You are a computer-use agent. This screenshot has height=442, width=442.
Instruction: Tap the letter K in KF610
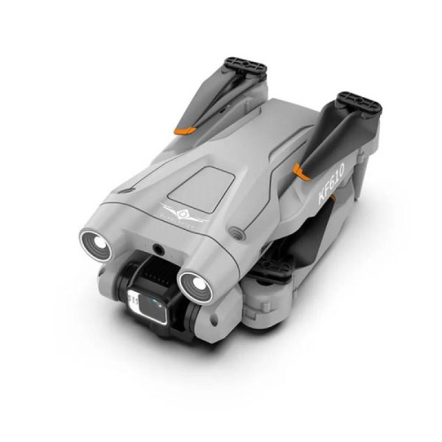(322, 196)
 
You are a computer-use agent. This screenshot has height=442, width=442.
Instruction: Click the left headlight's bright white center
(99, 243)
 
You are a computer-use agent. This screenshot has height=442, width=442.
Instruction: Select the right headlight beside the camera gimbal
(195, 285)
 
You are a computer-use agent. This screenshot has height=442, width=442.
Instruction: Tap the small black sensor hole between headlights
(158, 250)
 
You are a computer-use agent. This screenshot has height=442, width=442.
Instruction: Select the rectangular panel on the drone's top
(202, 188)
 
